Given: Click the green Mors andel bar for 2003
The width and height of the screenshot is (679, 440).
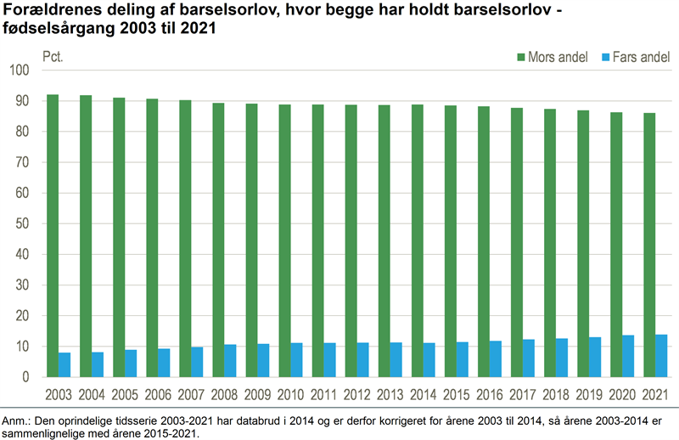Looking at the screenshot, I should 53,235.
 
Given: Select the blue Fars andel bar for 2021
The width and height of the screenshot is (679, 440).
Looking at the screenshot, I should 660,356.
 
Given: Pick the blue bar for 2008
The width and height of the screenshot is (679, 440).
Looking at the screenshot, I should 231,361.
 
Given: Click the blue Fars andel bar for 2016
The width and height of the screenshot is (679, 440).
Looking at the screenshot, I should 495,359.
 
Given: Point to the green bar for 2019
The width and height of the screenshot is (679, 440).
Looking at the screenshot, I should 583,244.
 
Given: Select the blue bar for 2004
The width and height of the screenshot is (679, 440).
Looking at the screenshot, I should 98,364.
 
